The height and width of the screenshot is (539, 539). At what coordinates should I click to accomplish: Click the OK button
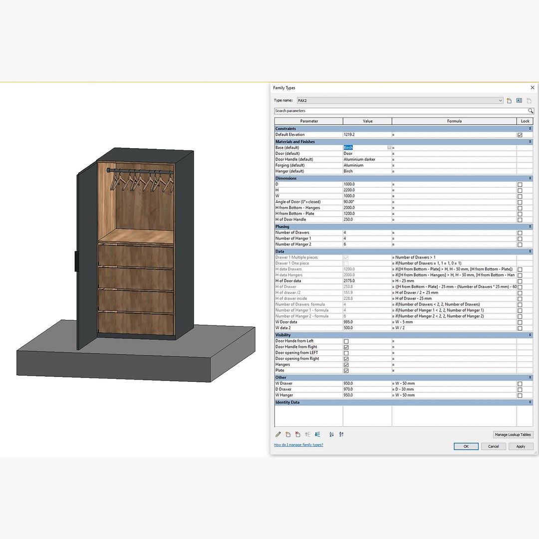pos(466,446)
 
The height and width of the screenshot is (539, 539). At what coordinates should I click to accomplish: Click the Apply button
pos(521,446)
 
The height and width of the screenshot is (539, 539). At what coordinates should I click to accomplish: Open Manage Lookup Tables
pos(513,435)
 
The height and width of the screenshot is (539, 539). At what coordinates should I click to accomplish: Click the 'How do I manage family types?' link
pos(298,445)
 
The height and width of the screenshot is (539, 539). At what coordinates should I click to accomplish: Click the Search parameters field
pos(399,111)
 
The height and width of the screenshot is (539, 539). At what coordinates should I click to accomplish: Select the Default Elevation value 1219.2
pos(367,135)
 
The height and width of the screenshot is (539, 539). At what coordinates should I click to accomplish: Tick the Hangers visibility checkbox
pos(346,365)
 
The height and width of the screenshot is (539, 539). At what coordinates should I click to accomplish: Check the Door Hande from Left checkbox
pos(346,341)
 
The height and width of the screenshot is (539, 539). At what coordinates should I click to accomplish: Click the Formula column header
pos(454,121)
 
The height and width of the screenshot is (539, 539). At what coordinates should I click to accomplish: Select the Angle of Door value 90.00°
pos(367,202)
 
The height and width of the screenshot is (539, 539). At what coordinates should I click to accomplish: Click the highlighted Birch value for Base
pos(348,148)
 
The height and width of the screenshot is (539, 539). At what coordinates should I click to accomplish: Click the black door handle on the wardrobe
pos(76,262)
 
